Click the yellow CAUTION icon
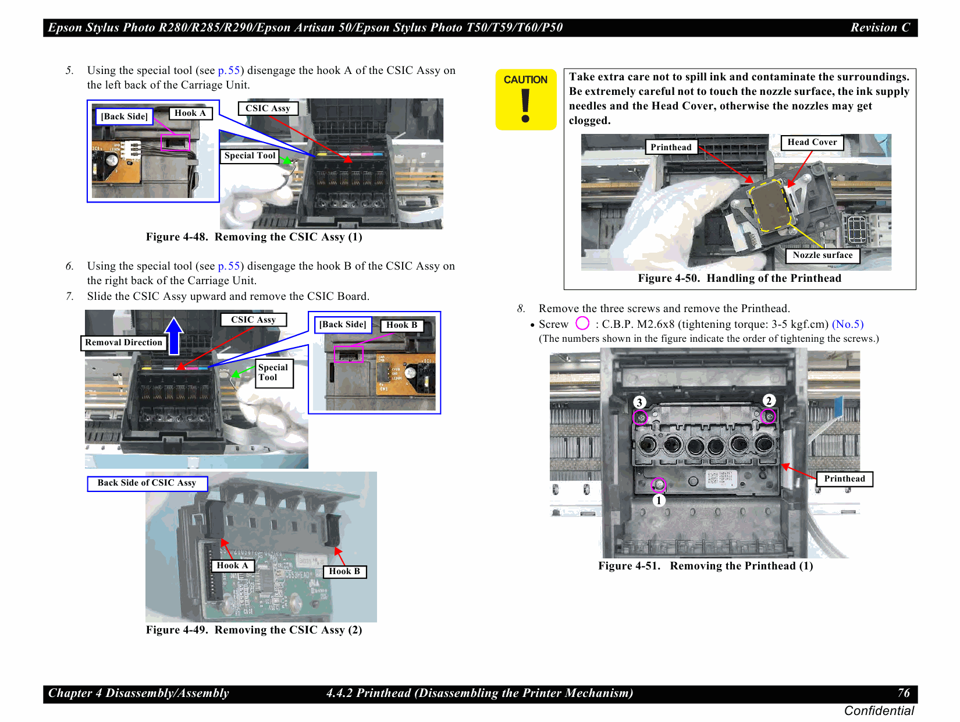(x=526, y=100)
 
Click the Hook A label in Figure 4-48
(x=190, y=113)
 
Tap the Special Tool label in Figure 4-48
(x=250, y=155)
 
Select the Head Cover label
(x=812, y=142)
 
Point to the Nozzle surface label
(x=822, y=255)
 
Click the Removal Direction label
(x=123, y=342)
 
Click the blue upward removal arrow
(x=174, y=335)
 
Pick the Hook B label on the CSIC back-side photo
(x=344, y=571)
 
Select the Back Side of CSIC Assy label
(x=147, y=483)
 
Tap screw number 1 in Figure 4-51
(x=658, y=484)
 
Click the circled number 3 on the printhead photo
(x=639, y=402)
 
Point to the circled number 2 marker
(x=769, y=401)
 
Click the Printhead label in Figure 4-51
(x=844, y=479)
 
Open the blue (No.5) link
(x=848, y=324)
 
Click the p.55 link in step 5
(x=229, y=70)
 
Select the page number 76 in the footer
(x=903, y=693)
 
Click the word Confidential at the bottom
(x=879, y=710)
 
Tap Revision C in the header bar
(x=880, y=27)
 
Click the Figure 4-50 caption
(x=739, y=278)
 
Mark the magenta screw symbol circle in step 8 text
(x=582, y=323)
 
